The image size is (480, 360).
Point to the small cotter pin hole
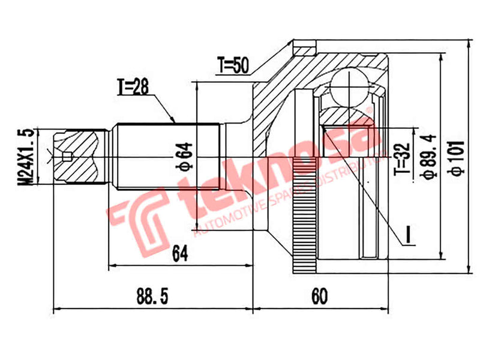(x=67, y=158)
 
